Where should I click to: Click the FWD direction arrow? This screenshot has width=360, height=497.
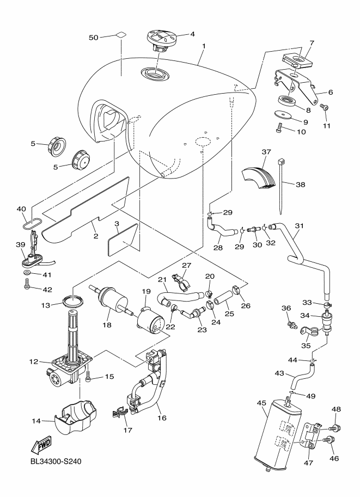42,446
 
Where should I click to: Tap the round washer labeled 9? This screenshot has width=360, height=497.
284,115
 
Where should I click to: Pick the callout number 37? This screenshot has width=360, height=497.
266,151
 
